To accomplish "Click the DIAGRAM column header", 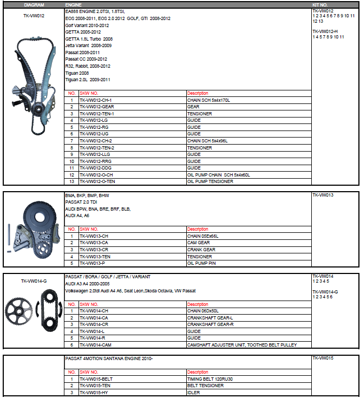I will coord(34,4).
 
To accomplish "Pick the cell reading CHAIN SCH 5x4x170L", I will coord(209,100).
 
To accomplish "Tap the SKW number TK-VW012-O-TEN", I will coord(97,181).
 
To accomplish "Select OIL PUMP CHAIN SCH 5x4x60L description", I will coord(219,175).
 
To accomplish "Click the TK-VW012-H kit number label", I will coord(325,31).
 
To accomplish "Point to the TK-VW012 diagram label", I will coord(34,16).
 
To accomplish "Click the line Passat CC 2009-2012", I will coord(86,59).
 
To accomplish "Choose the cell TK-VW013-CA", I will coord(94,243).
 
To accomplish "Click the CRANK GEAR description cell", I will coord(201,250).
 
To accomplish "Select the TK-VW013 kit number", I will coord(323,194).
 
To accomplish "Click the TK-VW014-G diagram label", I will coord(34,281).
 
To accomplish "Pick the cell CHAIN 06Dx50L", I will coord(203,311).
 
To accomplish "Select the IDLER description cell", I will coord(193,392).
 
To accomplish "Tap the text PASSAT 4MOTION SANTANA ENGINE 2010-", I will coord(109,358).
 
